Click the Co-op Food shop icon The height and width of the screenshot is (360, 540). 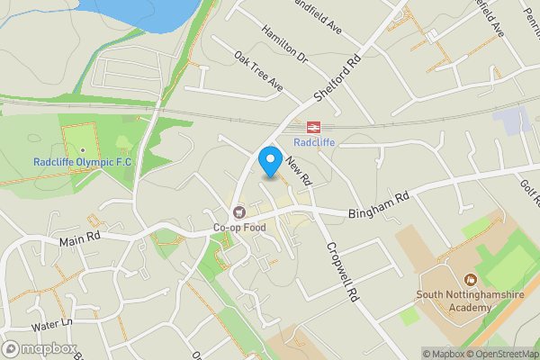(x=239, y=212)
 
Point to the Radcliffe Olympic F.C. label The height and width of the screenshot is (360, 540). (x=83, y=162)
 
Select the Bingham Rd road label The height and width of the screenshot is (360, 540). (x=378, y=204)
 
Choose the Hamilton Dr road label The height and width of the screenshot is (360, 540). (x=284, y=43)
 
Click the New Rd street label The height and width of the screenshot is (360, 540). (x=298, y=170)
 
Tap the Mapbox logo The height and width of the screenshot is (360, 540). (x=40, y=349)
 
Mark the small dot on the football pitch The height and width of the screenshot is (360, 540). (x=83, y=149)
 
